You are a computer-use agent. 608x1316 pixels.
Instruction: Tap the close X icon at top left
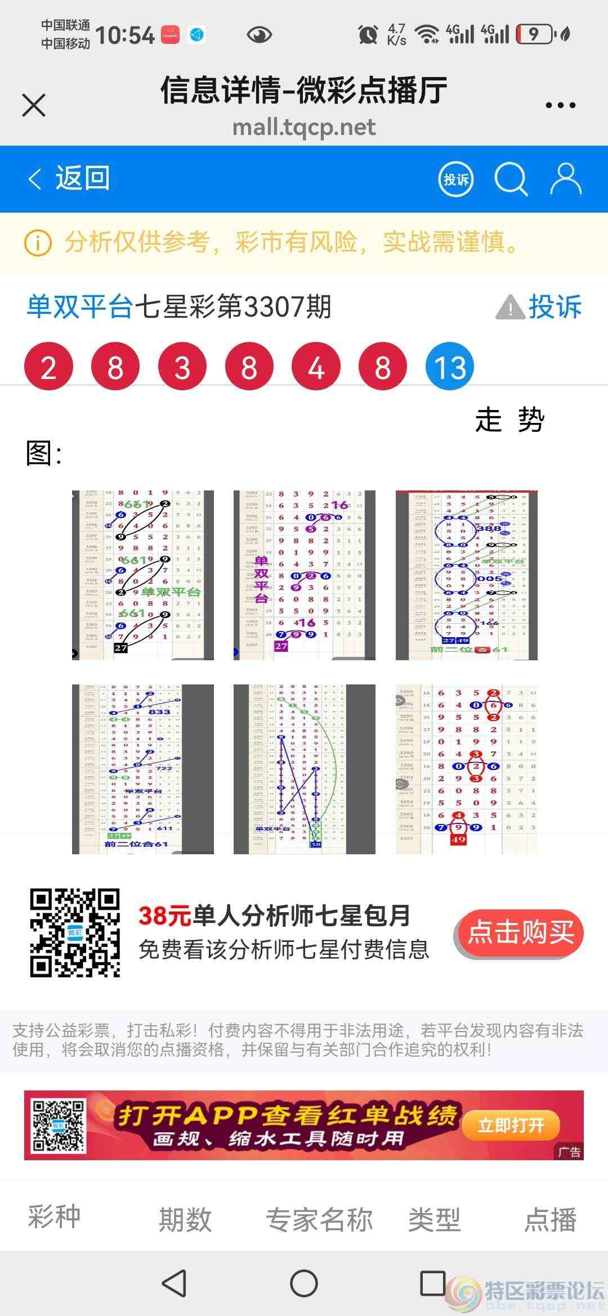pos(34,105)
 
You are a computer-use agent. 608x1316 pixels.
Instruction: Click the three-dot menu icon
pos(560,105)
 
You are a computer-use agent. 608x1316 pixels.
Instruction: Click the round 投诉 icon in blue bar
pos(455,179)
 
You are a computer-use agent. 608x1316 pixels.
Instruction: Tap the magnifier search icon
pos(511,179)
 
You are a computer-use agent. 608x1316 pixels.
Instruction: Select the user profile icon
pos(565,179)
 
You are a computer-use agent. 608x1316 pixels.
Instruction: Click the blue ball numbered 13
pos(450,367)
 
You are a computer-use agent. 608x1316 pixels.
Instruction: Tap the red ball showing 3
pos(182,367)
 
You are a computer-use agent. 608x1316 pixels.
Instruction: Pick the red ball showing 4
pos(316,367)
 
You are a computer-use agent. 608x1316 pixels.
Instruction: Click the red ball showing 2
pos(48,367)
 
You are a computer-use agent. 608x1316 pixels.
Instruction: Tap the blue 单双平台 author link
pos(80,307)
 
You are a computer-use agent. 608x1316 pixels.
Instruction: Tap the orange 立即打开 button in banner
pos(511,1125)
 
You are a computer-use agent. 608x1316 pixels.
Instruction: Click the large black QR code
pos(75,933)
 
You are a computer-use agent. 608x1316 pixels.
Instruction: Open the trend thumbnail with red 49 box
pos(466,769)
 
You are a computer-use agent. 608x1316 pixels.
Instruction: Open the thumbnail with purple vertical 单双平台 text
pos(304,575)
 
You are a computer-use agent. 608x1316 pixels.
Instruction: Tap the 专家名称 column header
pos(319,1220)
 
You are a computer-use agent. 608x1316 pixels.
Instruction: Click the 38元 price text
pos(164,916)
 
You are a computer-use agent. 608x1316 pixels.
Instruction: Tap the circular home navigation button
pos(304,1283)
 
